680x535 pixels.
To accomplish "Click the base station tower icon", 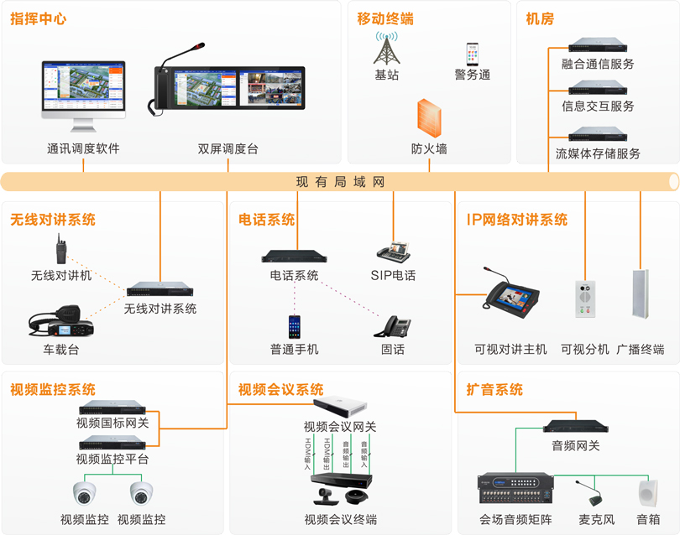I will pos(386,49).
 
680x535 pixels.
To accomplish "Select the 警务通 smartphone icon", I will pos(473,55).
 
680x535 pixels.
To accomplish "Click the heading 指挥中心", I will pos(39,18).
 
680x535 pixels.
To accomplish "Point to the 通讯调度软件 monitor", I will pos(83,95).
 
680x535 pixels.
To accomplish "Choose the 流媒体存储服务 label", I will pos(598,153).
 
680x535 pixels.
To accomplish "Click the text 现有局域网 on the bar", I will pos(340,182).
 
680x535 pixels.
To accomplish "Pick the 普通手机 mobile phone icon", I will pos(294,327).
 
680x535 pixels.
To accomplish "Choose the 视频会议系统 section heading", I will pos(280,390).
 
